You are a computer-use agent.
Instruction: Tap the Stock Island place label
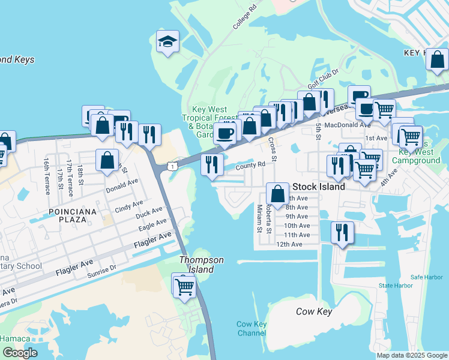[x=318, y=187]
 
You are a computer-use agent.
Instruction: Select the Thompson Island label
[x=202, y=265]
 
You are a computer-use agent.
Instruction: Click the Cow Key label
[x=314, y=311]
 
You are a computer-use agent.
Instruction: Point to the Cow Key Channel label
[x=252, y=329]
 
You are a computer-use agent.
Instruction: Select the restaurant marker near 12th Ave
[x=342, y=233]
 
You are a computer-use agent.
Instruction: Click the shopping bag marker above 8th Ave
[x=277, y=193]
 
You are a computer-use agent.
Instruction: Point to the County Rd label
[x=250, y=165]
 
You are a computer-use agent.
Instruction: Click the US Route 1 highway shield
[x=172, y=165]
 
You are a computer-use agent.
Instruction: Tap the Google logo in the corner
[x=19, y=353]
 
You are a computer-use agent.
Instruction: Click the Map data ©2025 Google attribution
[x=411, y=355]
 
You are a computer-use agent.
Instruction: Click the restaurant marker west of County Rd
[x=211, y=164]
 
